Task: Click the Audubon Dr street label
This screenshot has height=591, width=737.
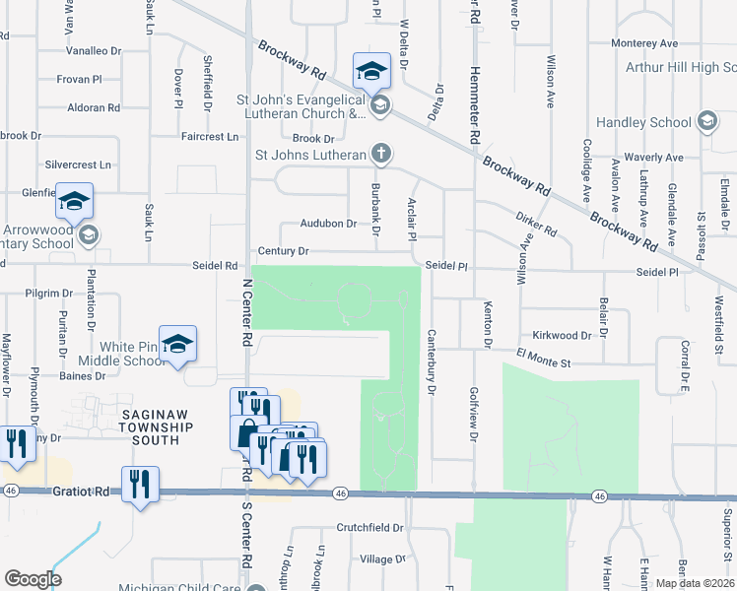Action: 328,224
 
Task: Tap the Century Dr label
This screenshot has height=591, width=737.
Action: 284,251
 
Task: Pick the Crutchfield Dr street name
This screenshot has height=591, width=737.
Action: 370,528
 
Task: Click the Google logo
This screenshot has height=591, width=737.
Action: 33,578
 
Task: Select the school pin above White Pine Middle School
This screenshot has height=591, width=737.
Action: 178,344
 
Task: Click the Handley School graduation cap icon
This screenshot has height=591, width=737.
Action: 705,122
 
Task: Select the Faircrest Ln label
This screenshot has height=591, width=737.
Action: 210,136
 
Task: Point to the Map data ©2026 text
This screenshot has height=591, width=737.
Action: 696,583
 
